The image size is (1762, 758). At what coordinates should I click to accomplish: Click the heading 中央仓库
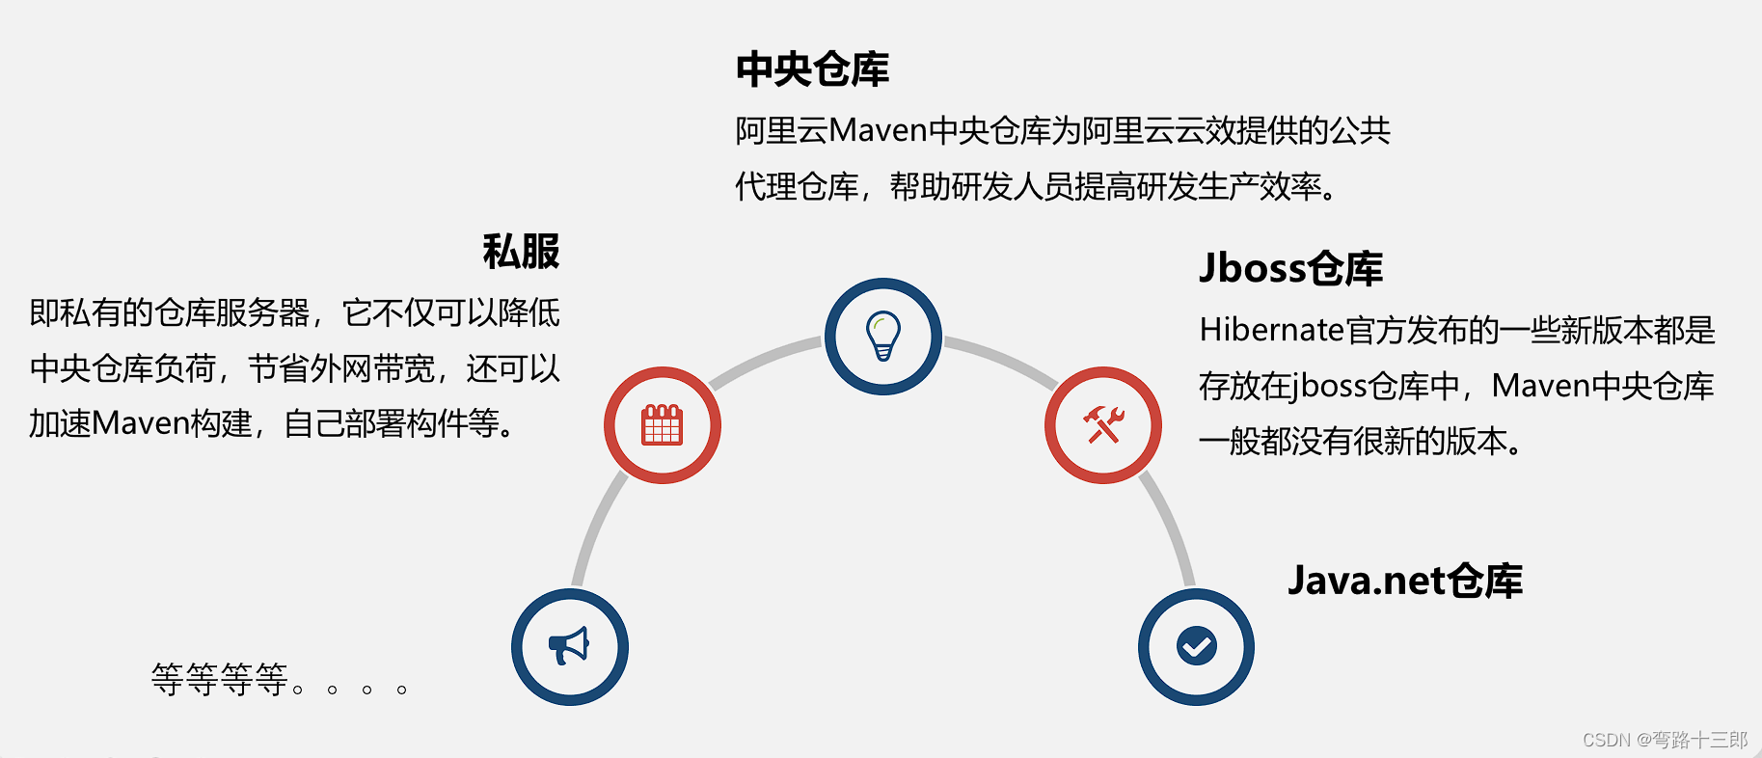tap(812, 69)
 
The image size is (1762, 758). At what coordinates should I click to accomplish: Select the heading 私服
tap(521, 252)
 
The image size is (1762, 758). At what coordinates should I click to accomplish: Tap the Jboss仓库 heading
tap(1290, 268)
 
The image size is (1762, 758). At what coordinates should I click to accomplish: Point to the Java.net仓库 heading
tap(1404, 581)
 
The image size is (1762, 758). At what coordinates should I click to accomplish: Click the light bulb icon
tap(882, 337)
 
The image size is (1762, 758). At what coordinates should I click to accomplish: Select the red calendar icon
tap(663, 425)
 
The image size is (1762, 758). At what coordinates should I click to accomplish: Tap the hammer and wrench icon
tap(1103, 425)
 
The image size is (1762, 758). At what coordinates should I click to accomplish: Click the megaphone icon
tap(570, 646)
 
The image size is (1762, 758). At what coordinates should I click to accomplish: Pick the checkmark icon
tap(1196, 646)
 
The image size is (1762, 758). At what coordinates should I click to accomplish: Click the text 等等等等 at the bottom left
tap(220, 680)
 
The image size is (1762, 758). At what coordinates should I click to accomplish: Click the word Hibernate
tap(1271, 331)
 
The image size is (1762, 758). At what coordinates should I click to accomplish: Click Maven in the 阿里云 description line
tap(878, 130)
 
